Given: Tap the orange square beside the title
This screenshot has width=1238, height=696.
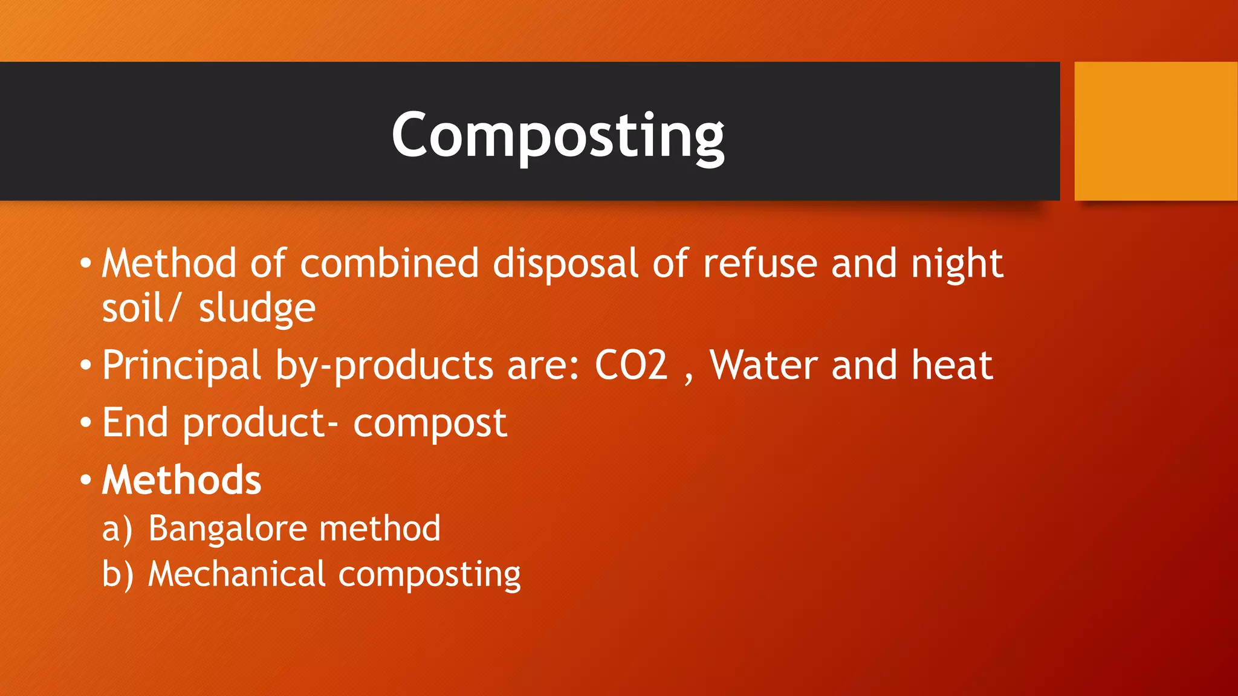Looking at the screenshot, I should (x=1155, y=131).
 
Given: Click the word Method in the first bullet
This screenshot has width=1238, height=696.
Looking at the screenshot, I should (x=169, y=263).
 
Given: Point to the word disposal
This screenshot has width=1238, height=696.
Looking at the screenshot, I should (x=565, y=265).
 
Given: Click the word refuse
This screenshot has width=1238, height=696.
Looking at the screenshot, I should (x=760, y=263).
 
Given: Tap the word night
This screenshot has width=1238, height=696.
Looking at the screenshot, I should (x=957, y=265).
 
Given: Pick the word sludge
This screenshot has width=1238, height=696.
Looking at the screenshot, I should (x=257, y=309).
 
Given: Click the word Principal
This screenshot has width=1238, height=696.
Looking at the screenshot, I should (x=181, y=366).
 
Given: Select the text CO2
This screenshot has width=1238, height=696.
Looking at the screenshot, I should (x=631, y=365).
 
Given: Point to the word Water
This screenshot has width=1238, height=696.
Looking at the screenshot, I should (x=763, y=365).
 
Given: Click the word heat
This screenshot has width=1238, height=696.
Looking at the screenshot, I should (x=952, y=365).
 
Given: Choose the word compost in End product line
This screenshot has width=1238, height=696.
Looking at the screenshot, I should (x=430, y=424).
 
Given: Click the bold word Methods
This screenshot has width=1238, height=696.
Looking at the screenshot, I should (x=181, y=480).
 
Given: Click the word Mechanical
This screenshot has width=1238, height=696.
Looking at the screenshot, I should (x=237, y=573).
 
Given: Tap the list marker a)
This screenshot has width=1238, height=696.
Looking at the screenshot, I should (x=117, y=529).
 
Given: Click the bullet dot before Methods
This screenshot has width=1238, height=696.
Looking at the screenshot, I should (x=86, y=480).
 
